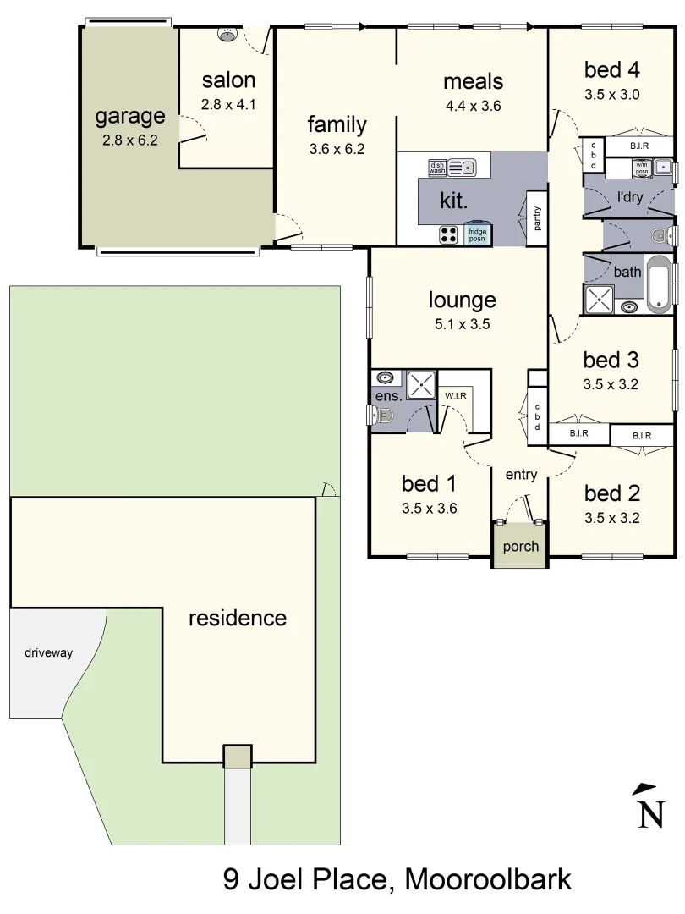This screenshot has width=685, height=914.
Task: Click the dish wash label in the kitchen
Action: tap(437, 168)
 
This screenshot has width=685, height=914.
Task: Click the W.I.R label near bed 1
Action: tap(454, 395)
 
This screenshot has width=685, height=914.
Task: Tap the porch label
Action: tap(520, 546)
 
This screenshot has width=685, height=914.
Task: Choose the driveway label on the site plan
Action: tap(48, 652)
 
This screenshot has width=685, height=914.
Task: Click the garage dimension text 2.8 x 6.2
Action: tap(130, 140)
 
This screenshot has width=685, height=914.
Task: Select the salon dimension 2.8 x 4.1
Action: tap(228, 105)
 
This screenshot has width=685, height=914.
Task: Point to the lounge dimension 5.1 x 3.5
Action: tap(462, 323)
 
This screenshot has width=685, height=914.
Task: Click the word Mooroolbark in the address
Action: tap(489, 879)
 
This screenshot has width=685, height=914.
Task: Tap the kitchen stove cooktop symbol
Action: tap(448, 234)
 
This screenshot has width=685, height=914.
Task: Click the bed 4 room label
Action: tap(611, 69)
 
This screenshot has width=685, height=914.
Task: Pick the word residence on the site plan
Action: tap(237, 618)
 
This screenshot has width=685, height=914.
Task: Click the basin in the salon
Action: tap(227, 34)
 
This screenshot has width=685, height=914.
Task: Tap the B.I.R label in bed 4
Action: tap(639, 146)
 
